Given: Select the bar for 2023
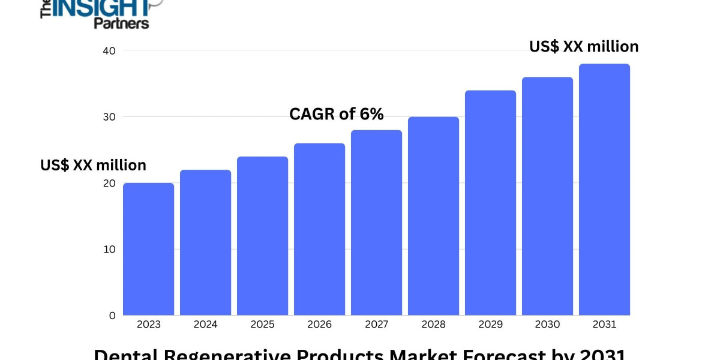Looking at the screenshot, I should pos(148,249).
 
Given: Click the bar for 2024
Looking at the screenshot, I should pos(205,242).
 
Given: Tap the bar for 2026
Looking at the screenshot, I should pos(319,229).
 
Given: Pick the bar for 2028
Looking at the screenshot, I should pos(433,216).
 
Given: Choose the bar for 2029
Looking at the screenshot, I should pos(490,203).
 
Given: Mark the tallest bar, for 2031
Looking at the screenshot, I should pos(604,190).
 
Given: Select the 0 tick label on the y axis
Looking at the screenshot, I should pos(111,315).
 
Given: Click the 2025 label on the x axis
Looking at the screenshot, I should pos(262,325).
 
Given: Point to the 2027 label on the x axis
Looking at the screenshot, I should pos(376,325).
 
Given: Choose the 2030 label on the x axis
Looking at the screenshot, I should pos(547,325).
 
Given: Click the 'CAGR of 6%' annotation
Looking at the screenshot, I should pos(336,114).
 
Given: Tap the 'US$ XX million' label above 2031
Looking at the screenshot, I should pos(583,46).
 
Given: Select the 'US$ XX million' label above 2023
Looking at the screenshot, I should pos(93,165).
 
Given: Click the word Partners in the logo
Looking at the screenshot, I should pos(121,23).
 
